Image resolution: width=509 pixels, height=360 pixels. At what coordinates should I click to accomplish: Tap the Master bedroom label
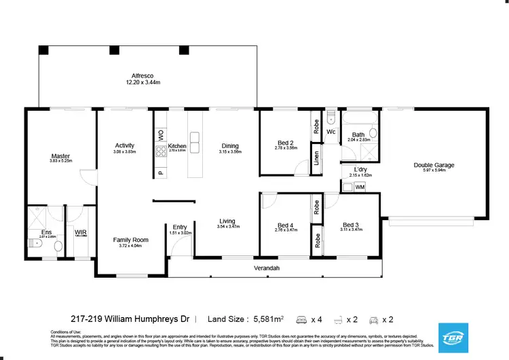pyautogui.click(x=60, y=156)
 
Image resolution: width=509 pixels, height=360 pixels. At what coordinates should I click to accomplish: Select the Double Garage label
pyautogui.click(x=434, y=165)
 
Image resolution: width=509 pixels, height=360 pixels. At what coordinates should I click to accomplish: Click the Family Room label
pyautogui.click(x=130, y=240)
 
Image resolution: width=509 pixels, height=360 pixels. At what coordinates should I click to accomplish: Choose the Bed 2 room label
pyautogui.click(x=286, y=143)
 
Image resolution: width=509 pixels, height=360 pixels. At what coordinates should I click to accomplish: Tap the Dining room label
pyautogui.click(x=230, y=145)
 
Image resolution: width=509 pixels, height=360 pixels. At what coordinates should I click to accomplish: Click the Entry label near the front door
pyautogui.click(x=180, y=227)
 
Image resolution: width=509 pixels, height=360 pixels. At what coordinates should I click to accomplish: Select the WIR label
pyautogui.click(x=80, y=232)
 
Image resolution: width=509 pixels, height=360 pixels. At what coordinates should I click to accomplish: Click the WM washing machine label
pyautogui.click(x=360, y=186)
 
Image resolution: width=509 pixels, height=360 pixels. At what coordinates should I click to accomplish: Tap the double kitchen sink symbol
pyautogui.click(x=195, y=141)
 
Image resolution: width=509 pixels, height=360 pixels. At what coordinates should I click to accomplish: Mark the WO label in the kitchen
pyautogui.click(x=161, y=134)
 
